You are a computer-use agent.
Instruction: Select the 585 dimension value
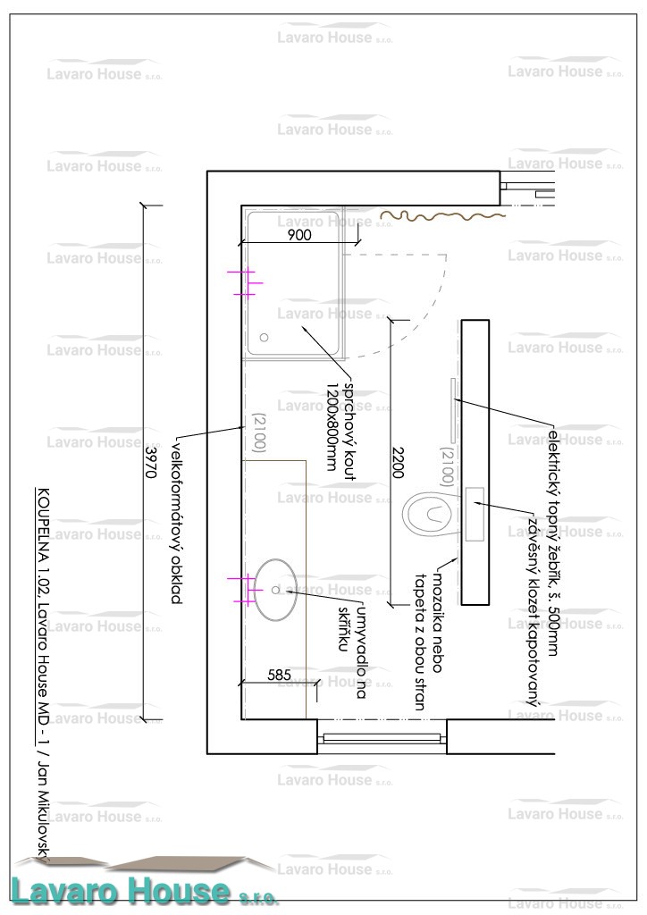pyautogui.click(x=280, y=676)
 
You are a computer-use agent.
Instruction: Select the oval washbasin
pyautogui.click(x=274, y=590)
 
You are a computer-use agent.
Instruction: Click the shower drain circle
pyautogui.click(x=264, y=338)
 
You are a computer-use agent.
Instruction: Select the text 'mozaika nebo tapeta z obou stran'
pyautogui.click(x=429, y=638)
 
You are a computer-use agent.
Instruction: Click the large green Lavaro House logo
pyautogui.click(x=143, y=890)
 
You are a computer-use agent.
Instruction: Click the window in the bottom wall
pyautogui.click(x=382, y=737)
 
